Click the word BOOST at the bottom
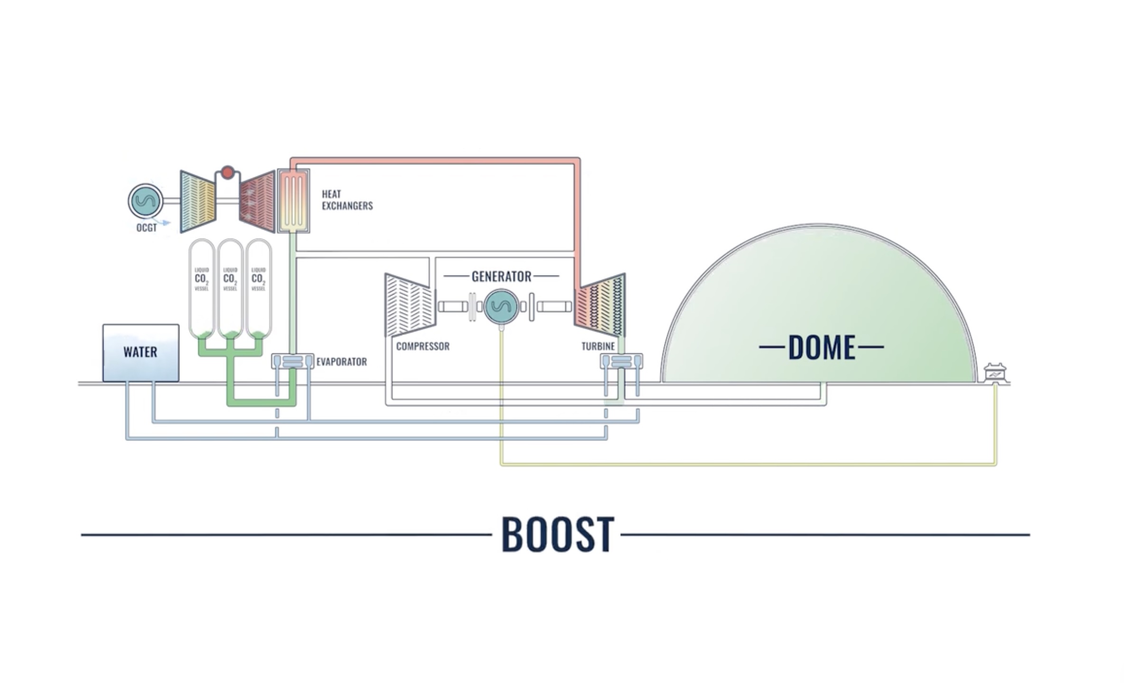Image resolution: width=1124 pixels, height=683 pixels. pos(557,535)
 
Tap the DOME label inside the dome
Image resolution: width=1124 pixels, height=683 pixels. pos(821,347)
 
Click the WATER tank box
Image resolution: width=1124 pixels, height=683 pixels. pos(140,352)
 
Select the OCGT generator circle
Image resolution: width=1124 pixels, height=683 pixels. pos(145,201)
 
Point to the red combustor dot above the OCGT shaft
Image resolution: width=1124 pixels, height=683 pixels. pos(227,172)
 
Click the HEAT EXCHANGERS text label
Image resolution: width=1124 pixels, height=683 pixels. pos(347,200)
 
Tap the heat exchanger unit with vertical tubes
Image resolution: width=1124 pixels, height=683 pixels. pos(293,201)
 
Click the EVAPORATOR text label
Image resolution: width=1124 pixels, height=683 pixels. pos(341,362)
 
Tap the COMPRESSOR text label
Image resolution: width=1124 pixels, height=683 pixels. pos(422,346)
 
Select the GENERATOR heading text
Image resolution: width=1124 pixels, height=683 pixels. pos(501,277)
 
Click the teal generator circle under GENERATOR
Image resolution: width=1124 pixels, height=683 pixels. pos(501,306)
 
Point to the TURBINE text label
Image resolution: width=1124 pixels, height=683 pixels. pos(598,346)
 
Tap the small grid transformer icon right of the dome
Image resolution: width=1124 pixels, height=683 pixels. pos(995,373)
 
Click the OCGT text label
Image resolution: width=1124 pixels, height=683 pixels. pos(146,228)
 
